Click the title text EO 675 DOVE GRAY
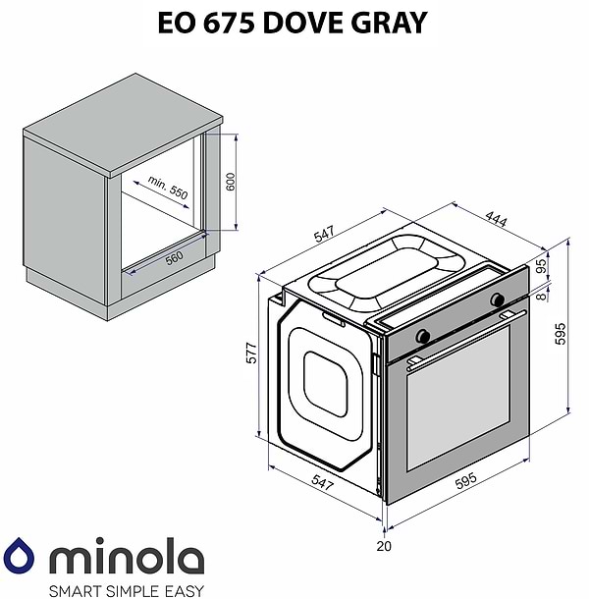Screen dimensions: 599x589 click(x=293, y=22)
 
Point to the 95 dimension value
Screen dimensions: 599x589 click(x=540, y=266)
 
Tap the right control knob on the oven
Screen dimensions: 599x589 click(x=498, y=299)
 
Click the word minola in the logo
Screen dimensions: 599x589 click(x=126, y=558)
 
